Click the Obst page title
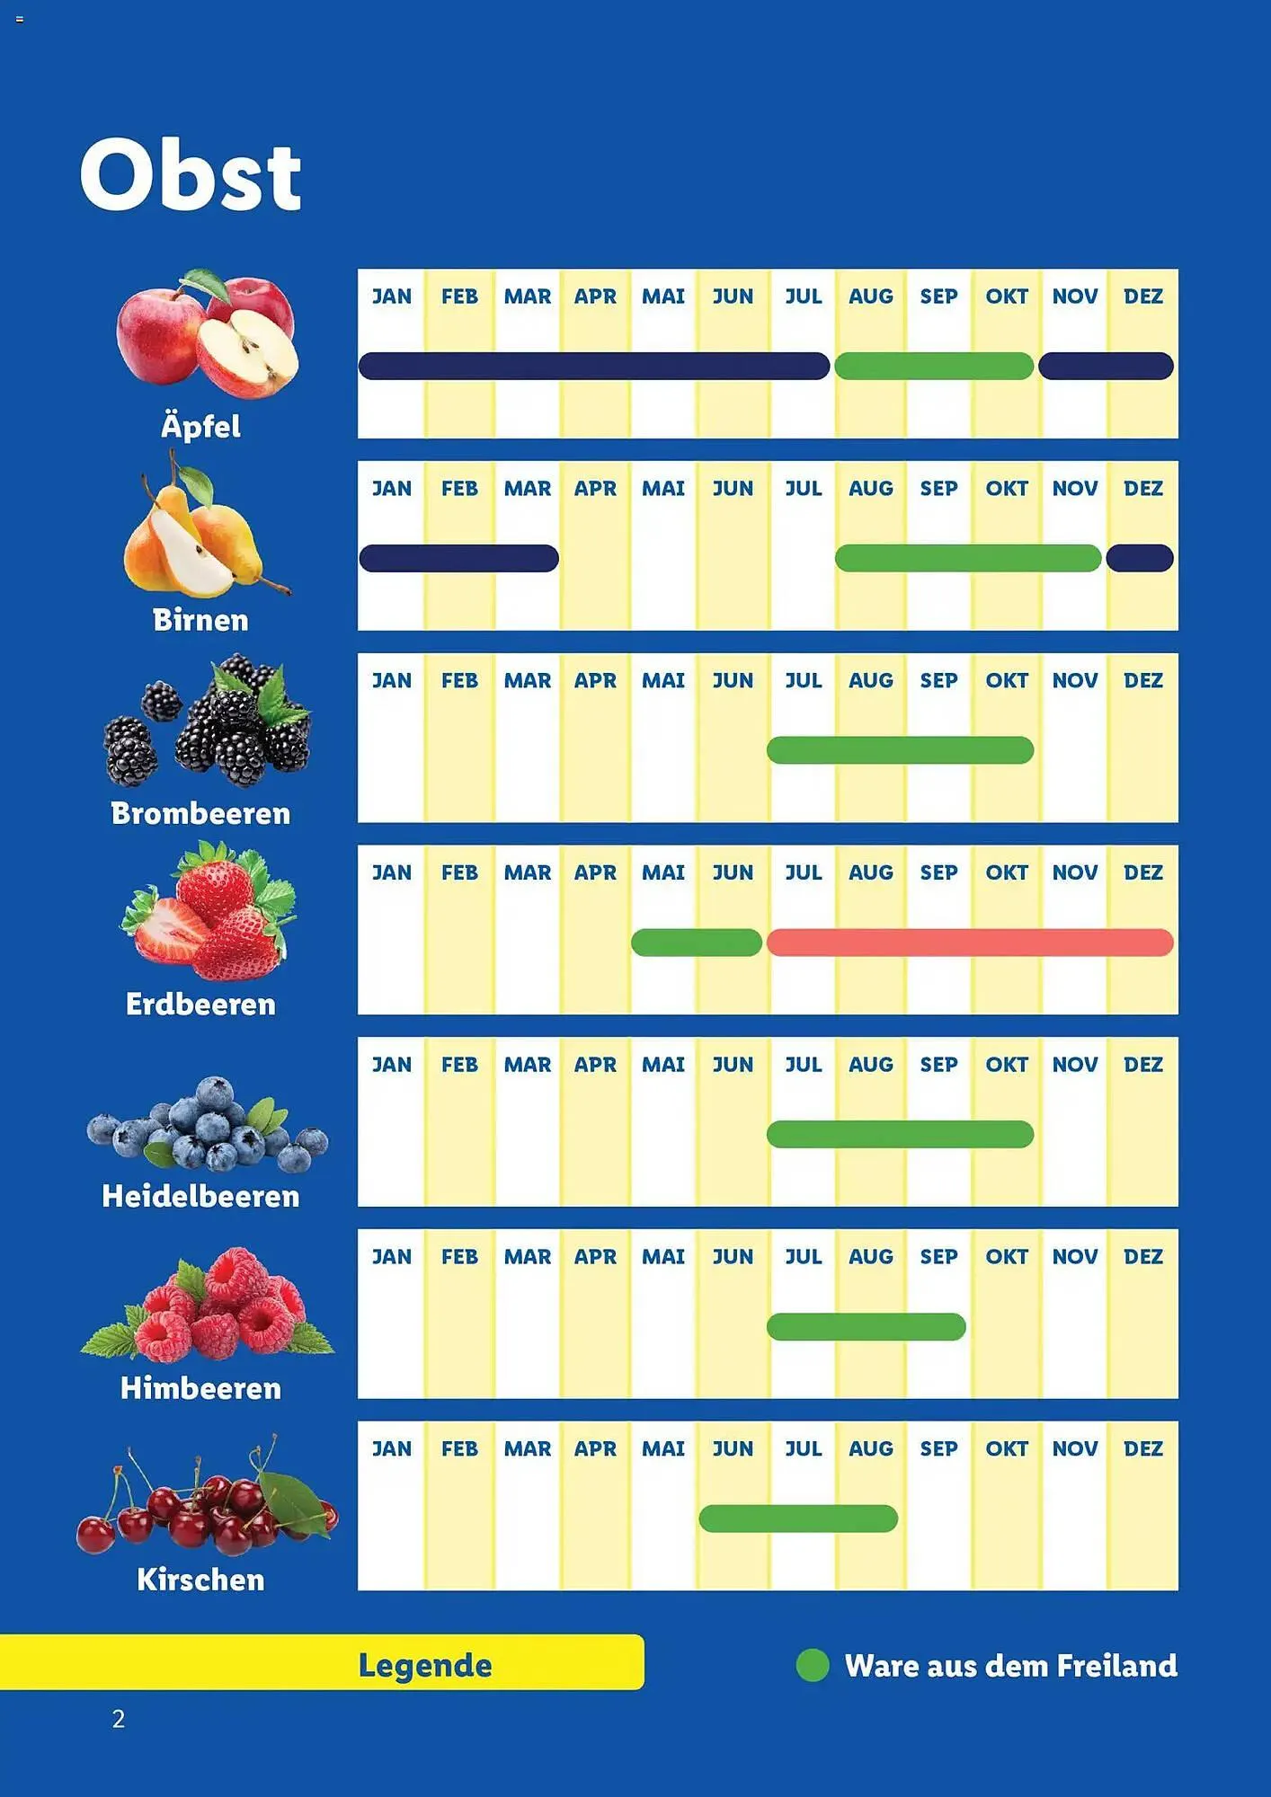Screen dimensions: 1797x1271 (190, 175)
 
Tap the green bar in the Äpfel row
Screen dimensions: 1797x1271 (933, 367)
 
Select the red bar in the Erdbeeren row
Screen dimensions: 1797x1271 (969, 943)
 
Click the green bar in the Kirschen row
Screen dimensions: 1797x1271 (797, 1518)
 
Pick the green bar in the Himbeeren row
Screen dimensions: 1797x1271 (866, 1327)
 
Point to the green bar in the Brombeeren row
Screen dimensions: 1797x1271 (900, 750)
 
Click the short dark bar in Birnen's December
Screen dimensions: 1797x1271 (1139, 558)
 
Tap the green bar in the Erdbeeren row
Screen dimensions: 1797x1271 (696, 943)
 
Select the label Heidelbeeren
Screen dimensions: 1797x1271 (200, 1197)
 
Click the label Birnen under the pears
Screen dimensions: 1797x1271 (200, 620)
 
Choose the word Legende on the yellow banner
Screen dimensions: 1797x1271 (425, 1665)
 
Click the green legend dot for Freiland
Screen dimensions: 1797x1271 (813, 1665)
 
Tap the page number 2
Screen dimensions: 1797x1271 (119, 1719)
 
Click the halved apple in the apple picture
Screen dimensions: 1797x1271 (248, 352)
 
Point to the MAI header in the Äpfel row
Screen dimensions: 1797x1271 (663, 297)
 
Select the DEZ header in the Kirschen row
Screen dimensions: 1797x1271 (1142, 1448)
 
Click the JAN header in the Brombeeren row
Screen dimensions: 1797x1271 (392, 680)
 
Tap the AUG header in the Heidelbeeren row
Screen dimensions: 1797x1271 (870, 1065)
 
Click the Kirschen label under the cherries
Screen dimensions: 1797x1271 (200, 1580)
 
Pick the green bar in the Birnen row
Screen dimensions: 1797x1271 (967, 558)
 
